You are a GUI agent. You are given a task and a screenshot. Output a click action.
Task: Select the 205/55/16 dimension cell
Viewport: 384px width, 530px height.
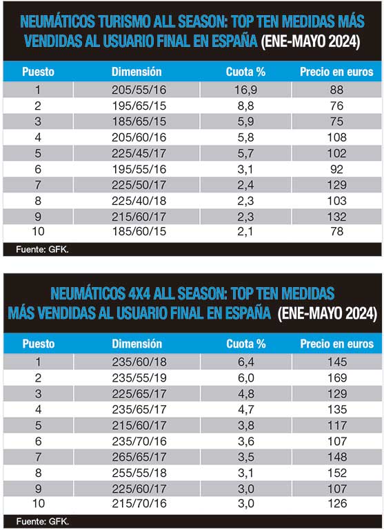pyautogui.click(x=139, y=90)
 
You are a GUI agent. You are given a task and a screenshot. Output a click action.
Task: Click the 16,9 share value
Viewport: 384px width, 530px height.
pyautogui.click(x=245, y=90)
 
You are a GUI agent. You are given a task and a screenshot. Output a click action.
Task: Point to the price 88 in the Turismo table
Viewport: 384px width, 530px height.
pyautogui.click(x=336, y=90)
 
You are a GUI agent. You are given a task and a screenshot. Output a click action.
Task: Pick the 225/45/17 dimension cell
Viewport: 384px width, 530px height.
pyautogui.click(x=139, y=153)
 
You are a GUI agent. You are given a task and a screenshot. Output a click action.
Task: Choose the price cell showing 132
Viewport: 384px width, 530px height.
pyautogui.click(x=337, y=217)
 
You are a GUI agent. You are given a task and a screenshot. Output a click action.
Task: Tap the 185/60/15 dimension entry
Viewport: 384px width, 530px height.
pyautogui.click(x=139, y=232)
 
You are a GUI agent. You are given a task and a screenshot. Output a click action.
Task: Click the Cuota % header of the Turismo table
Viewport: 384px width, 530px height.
pyautogui.click(x=245, y=72)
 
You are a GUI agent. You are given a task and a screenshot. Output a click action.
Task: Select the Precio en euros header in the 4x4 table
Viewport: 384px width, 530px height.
pyautogui.click(x=337, y=344)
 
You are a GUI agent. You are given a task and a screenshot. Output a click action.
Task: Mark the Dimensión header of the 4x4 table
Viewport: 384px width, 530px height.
pyautogui.click(x=137, y=344)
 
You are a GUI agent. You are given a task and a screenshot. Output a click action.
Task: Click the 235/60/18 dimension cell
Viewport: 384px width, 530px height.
pyautogui.click(x=139, y=362)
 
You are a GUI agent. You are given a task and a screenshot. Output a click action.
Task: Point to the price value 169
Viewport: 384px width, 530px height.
pyautogui.click(x=337, y=378)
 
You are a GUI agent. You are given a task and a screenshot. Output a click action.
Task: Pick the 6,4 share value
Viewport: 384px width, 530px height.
pyautogui.click(x=246, y=362)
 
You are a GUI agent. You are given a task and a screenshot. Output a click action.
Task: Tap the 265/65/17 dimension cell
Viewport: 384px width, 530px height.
pyautogui.click(x=139, y=457)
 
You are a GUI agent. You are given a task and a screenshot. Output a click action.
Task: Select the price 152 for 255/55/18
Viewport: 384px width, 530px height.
pyautogui.click(x=337, y=473)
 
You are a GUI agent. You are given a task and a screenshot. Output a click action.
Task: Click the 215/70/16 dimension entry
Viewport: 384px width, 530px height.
pyautogui.click(x=139, y=503)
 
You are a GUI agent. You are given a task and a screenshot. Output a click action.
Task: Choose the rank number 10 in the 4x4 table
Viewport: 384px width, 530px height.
pyautogui.click(x=39, y=503)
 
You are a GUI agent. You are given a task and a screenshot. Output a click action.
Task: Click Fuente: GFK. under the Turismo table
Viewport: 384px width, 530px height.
pyautogui.click(x=42, y=250)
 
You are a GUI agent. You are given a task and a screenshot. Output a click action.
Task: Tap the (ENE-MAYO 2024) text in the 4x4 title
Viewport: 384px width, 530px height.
pyautogui.click(x=327, y=313)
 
